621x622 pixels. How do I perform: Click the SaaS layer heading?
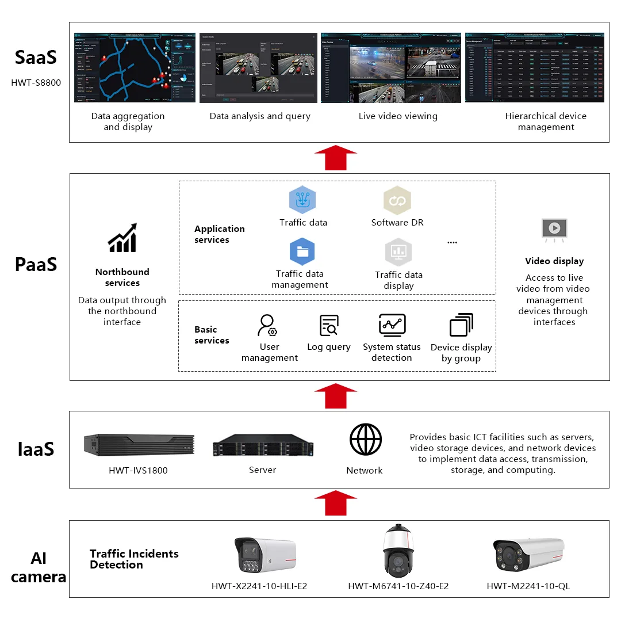point(36,58)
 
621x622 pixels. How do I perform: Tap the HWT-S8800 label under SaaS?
point(36,82)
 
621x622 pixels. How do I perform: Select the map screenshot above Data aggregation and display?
point(135,68)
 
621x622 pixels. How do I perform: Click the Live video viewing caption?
point(398,116)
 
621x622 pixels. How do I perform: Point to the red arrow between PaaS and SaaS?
point(336,158)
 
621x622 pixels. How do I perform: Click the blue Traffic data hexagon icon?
point(302,200)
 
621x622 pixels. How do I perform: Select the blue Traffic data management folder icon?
point(302,252)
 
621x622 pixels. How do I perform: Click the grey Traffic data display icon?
point(398,252)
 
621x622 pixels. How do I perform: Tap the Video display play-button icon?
point(554,228)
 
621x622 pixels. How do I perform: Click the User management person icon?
point(267,325)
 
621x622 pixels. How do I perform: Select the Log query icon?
point(329,325)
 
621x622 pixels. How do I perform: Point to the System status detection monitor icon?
point(392,325)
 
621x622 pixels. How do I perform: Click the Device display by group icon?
point(461,325)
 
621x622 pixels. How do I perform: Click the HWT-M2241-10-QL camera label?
point(528,586)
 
